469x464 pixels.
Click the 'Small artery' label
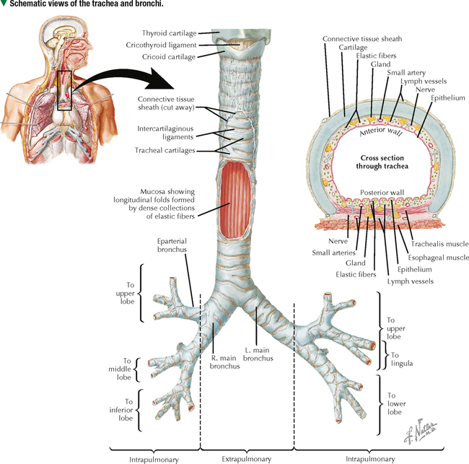coord(406,73)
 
